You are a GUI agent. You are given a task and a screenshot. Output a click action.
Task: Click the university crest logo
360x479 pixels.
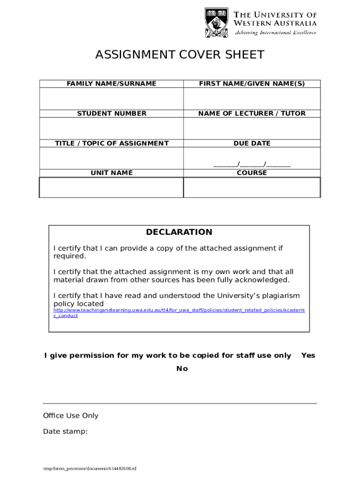click(216, 22)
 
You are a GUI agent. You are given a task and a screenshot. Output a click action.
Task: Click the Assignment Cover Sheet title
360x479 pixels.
click(180, 55)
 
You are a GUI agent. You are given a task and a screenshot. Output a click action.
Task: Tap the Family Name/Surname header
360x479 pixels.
click(111, 84)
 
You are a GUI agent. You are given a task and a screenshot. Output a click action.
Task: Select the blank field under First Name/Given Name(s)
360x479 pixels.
click(252, 99)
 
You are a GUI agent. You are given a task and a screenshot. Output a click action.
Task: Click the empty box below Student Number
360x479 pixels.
click(111, 128)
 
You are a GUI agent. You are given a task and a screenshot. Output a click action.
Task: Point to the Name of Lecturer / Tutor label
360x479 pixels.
click(252, 113)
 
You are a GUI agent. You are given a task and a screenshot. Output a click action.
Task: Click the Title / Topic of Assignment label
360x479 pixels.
click(111, 143)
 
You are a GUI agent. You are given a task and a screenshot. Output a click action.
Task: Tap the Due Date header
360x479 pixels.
click(252, 143)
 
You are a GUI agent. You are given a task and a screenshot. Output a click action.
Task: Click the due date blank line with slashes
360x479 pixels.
click(252, 164)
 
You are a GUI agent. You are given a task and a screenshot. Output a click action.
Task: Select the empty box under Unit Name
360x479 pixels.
click(111, 188)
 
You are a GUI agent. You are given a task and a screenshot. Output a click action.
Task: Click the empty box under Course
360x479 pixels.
click(252, 188)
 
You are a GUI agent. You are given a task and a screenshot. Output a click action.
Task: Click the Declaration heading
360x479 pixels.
click(179, 232)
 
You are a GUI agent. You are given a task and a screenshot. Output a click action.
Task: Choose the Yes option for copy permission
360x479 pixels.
click(308, 356)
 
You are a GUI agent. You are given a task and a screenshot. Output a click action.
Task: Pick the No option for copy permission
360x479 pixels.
click(182, 369)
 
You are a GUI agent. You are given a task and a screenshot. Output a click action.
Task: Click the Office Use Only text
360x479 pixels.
click(71, 415)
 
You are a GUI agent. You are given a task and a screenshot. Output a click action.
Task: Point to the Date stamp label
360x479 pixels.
click(65, 431)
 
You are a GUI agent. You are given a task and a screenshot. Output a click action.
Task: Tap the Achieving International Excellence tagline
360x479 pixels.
click(275, 33)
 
